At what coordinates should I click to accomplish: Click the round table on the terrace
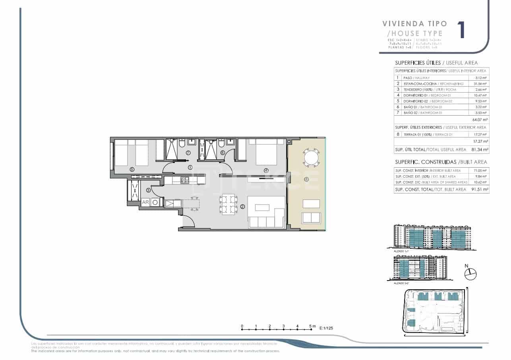coord(310,157)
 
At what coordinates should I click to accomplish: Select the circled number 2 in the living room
coord(242,206)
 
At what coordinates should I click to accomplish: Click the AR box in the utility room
coord(145,202)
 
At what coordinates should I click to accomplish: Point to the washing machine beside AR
coord(155,202)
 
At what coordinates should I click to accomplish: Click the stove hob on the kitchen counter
coord(185,180)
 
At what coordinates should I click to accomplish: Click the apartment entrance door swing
coord(188,221)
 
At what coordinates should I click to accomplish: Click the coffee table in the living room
coord(262,207)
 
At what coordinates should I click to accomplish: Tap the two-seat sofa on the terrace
coord(311,218)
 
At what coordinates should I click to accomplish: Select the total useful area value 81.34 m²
coord(480,150)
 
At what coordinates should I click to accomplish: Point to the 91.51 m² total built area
coord(480,190)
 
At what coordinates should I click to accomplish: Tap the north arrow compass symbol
coord(470,273)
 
